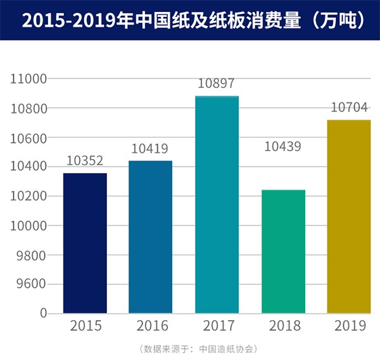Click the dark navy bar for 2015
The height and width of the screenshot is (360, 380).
click(x=85, y=243)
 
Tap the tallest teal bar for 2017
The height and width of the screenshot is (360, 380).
click(x=217, y=204)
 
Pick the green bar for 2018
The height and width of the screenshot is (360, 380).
click(x=283, y=251)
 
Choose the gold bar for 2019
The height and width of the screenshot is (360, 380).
click(x=348, y=216)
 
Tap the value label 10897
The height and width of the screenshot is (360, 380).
click(x=217, y=84)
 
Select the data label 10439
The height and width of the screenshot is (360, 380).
click(x=282, y=147)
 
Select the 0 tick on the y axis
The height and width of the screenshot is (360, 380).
click(x=44, y=313)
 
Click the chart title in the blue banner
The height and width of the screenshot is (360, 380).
click(x=189, y=20)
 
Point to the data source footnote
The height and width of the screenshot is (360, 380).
click(x=189, y=349)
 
